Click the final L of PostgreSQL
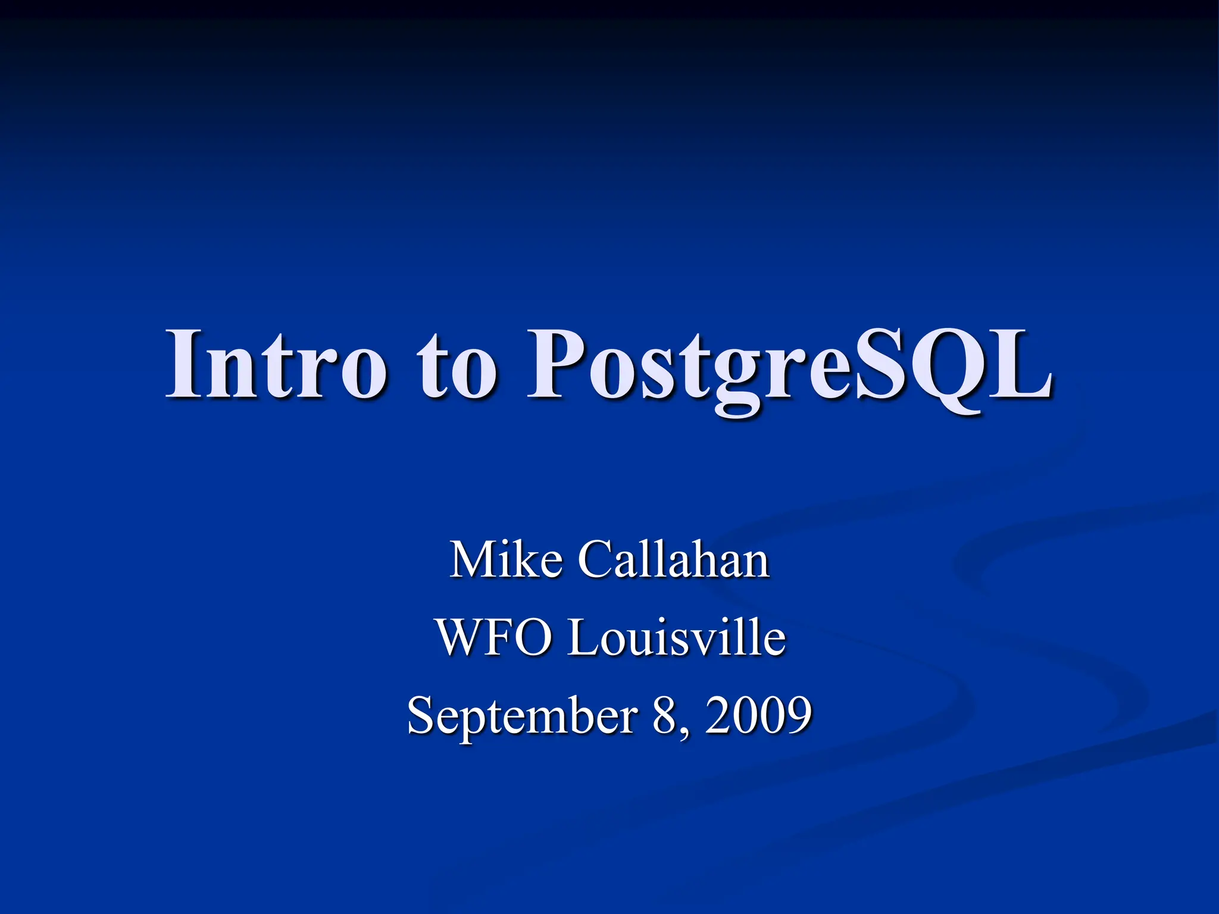coord(1020,364)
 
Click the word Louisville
coord(676,637)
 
